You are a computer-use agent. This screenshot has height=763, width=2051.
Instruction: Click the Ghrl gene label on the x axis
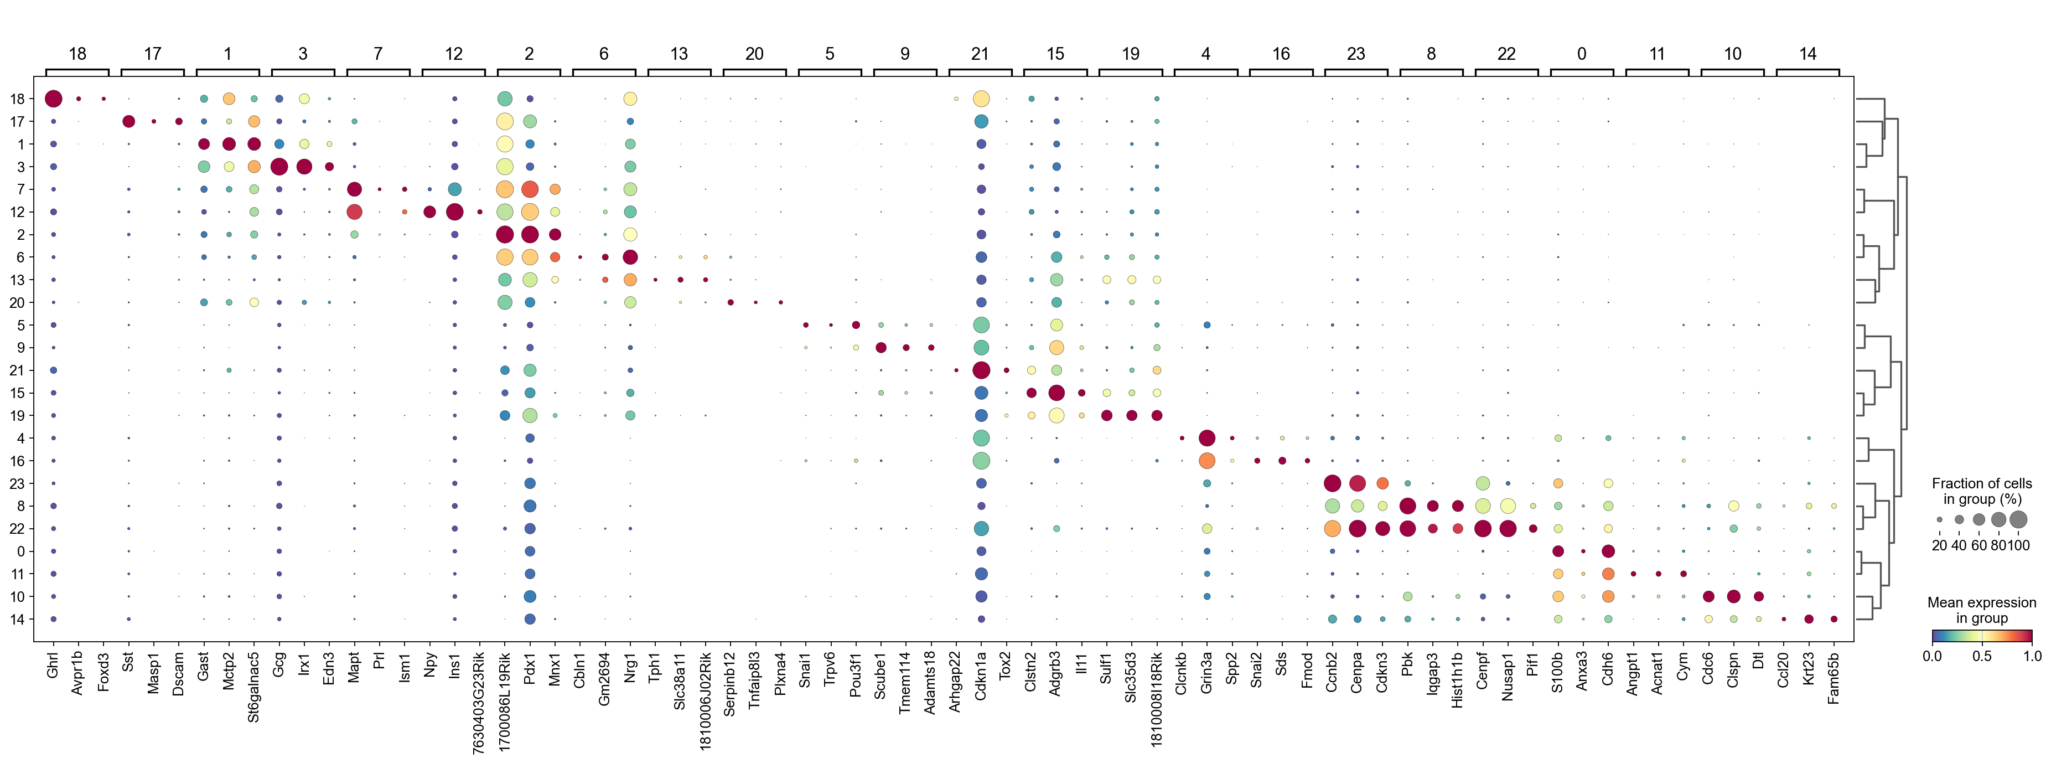point(53,665)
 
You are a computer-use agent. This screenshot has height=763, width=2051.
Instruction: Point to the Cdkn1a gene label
point(981,677)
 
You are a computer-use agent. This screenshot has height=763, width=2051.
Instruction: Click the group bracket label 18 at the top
point(77,53)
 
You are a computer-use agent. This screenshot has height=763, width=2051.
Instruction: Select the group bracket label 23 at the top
point(1356,53)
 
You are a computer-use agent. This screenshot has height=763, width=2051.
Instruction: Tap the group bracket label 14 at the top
point(1807,53)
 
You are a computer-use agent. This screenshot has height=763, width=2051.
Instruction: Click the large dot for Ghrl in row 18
point(53,99)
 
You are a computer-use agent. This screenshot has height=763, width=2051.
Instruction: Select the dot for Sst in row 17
point(128,121)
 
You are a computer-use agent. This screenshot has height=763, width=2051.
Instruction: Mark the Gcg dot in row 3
point(279,167)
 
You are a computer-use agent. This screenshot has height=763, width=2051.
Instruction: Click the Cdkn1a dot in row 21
point(981,370)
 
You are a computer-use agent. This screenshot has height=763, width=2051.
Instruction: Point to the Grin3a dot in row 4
point(1206,438)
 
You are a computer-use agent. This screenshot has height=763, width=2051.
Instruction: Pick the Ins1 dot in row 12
point(454,212)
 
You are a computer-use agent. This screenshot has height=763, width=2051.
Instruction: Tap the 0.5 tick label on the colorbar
point(1982,656)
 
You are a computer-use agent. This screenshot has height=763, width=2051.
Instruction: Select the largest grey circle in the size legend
point(2018,519)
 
